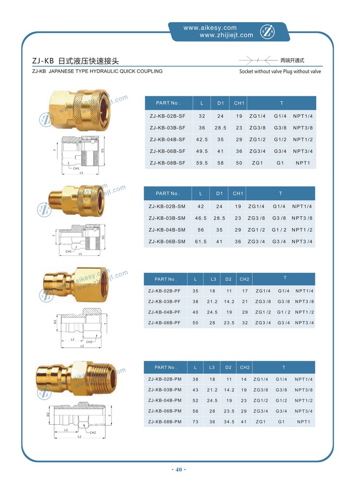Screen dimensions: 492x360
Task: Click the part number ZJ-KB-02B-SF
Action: click(x=167, y=116)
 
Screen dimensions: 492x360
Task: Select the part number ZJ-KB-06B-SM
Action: click(x=167, y=241)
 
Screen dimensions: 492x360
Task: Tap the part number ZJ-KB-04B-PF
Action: click(x=164, y=312)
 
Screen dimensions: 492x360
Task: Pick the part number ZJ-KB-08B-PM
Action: click(x=165, y=422)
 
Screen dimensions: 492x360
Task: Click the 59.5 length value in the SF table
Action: click(x=202, y=163)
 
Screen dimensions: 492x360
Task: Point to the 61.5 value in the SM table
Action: click(x=201, y=241)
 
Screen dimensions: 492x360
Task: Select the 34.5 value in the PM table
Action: click(x=229, y=422)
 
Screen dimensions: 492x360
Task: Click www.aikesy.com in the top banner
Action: click(x=210, y=28)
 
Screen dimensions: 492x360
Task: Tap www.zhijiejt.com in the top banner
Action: click(x=218, y=35)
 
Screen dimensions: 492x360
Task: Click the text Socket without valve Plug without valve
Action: click(x=280, y=72)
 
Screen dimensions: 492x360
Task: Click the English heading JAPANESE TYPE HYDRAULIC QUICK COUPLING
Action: click(x=106, y=71)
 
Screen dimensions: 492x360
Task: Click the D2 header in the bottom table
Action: click(x=229, y=368)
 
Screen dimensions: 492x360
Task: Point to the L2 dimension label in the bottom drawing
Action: click(x=81, y=437)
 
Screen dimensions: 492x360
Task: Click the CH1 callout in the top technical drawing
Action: click(x=76, y=169)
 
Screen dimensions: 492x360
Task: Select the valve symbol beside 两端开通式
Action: click(x=258, y=61)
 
